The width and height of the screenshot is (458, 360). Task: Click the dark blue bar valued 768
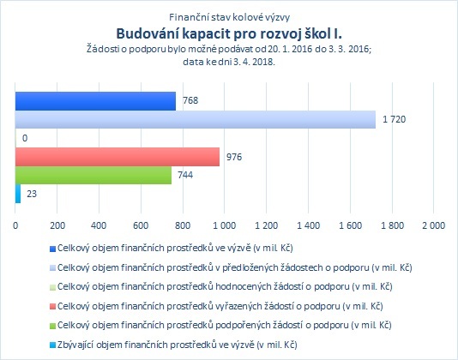click(95, 101)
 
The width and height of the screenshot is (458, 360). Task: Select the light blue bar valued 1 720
click(196, 119)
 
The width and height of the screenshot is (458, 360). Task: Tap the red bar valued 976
click(118, 157)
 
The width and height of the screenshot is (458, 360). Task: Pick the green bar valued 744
click(93, 175)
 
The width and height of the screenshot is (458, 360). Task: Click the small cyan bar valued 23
click(18, 194)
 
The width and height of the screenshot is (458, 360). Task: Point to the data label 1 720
click(394, 119)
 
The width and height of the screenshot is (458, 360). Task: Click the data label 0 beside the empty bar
click(25, 138)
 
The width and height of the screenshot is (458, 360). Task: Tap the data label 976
click(234, 157)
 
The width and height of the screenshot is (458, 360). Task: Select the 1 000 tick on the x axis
click(225, 225)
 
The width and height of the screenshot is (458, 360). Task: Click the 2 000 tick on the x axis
click(433, 225)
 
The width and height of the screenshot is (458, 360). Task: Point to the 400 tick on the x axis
click(99, 225)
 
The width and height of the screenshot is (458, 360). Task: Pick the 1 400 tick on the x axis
click(308, 225)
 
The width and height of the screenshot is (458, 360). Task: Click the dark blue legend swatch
click(52, 249)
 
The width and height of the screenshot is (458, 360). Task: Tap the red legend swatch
click(52, 307)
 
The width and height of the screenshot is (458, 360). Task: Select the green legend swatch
click(52, 326)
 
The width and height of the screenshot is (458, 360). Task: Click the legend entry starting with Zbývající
click(177, 345)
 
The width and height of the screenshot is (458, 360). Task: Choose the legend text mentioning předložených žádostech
click(234, 267)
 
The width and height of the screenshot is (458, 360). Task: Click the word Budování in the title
click(148, 33)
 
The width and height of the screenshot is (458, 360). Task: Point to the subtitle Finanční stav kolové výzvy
click(229, 17)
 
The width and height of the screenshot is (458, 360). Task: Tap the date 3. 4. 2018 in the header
click(254, 62)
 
